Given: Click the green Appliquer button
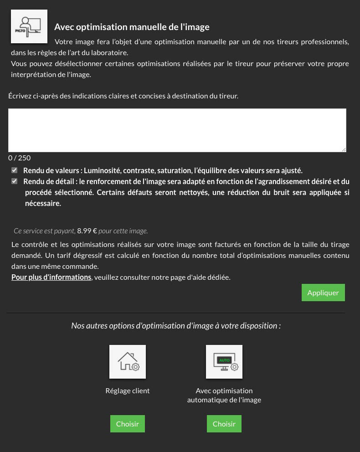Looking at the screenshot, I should pyautogui.click(x=323, y=293).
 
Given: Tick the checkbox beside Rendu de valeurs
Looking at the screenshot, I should pyautogui.click(x=15, y=170).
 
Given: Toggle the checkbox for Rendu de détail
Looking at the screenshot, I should pyautogui.click(x=15, y=181).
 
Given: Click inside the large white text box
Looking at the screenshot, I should pyautogui.click(x=177, y=130).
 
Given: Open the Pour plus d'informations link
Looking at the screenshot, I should pyautogui.click(x=51, y=277).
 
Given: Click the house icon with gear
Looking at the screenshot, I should pyautogui.click(x=128, y=362).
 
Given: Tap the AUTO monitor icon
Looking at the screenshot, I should pyautogui.click(x=224, y=362).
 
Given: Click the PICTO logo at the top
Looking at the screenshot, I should pyautogui.click(x=29, y=26).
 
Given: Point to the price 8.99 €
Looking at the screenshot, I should pyautogui.click(x=87, y=231).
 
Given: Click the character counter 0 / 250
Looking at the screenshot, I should pyautogui.click(x=20, y=158).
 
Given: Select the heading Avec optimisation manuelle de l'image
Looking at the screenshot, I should pyautogui.click(x=132, y=27).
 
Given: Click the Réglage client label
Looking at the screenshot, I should pyautogui.click(x=128, y=390).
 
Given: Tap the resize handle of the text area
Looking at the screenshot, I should pyautogui.click(x=344, y=149).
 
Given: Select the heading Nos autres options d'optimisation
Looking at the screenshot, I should pyautogui.click(x=176, y=326).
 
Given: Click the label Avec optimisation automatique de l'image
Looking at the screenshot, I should pyautogui.click(x=224, y=395).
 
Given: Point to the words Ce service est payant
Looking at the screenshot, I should pyautogui.click(x=44, y=231).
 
